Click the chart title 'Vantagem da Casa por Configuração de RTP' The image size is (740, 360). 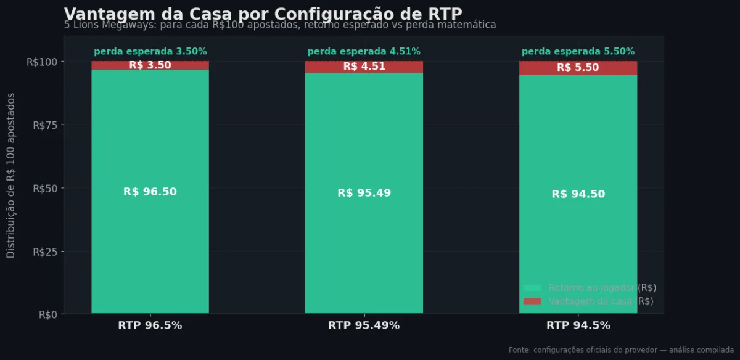(263, 14)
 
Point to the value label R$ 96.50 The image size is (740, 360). (150, 192)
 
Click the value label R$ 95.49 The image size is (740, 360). (364, 193)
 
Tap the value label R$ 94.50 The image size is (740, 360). (578, 194)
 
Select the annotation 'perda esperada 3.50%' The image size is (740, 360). (150, 52)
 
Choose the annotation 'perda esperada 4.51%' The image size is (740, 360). (364, 52)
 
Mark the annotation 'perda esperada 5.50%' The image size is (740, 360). (578, 52)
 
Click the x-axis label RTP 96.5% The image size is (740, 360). (150, 325)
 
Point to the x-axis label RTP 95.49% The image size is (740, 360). (364, 325)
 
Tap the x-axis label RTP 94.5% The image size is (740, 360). (578, 325)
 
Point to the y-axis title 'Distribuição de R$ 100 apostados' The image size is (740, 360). (11, 176)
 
